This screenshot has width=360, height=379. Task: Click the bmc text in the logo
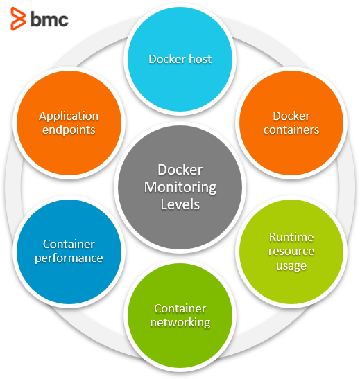(x=49, y=19)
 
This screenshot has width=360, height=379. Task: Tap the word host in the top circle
(x=198, y=59)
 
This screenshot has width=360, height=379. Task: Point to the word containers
(x=291, y=130)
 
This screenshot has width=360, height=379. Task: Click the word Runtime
(x=291, y=237)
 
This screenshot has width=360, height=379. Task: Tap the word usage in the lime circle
(x=291, y=265)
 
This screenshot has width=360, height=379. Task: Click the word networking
(x=180, y=322)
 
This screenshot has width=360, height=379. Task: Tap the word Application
(x=68, y=116)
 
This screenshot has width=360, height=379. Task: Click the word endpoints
(x=68, y=129)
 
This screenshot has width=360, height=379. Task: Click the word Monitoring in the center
(x=180, y=187)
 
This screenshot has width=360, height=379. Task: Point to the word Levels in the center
(x=180, y=204)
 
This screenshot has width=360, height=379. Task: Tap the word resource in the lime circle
(x=291, y=251)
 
